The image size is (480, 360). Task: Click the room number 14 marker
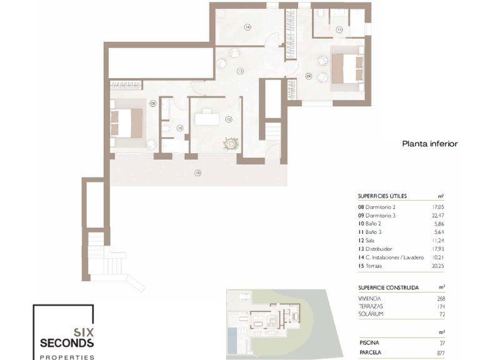tap(247, 27)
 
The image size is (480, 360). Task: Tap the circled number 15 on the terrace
tap(197, 172)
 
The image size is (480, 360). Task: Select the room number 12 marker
tap(229, 119)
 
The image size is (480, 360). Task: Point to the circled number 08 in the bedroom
tap(152, 103)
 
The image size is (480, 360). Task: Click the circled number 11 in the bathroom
tap(339, 29)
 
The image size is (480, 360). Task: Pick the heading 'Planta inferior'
tap(429, 144)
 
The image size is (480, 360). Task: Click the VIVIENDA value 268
tap(441, 298)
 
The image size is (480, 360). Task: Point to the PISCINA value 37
tap(442, 342)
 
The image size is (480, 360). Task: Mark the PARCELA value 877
tap(441, 352)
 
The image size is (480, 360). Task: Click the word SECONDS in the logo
tap(67, 343)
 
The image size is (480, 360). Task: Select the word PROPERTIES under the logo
tap(67, 357)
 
